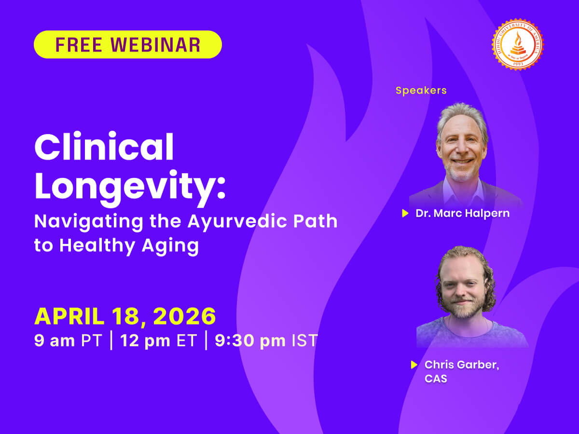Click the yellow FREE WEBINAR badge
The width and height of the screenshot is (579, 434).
point(128,44)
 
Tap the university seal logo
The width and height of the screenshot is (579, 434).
point(517,45)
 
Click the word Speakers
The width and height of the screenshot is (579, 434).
point(421,90)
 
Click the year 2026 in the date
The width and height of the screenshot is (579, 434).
point(185,316)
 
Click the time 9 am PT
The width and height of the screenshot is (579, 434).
point(68,340)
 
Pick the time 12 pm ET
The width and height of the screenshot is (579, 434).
point(159,340)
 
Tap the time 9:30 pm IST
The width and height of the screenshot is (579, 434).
point(266,340)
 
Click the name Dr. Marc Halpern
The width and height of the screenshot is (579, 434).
point(462,213)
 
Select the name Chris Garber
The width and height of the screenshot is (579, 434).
point(462,365)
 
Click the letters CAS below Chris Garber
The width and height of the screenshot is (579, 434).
point(436,379)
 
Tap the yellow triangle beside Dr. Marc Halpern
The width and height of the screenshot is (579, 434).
point(405,213)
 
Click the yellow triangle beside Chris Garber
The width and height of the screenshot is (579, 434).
point(414,365)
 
